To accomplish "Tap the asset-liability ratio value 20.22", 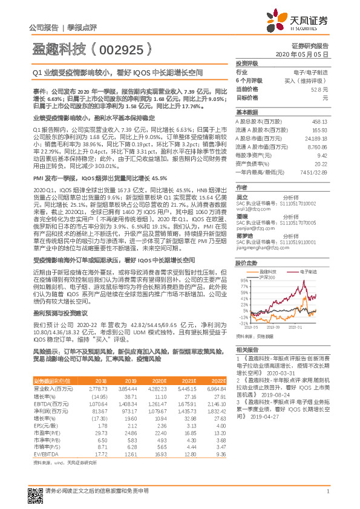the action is click(x=321, y=163).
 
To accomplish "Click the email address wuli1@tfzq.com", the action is click(x=250, y=209).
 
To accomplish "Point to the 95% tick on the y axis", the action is click(x=242, y=281).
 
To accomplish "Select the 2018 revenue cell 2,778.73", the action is click(x=97, y=388).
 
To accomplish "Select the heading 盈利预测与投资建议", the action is click(x=59, y=314).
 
